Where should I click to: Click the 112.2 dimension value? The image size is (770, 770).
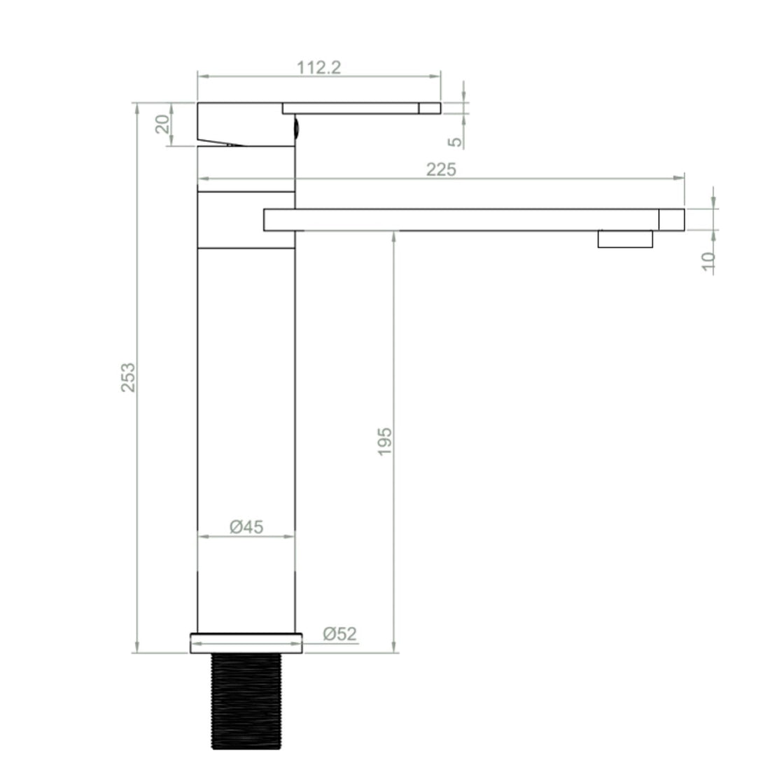point(318,67)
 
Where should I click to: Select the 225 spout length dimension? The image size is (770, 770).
point(441,169)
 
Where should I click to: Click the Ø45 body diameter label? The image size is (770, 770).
point(246,526)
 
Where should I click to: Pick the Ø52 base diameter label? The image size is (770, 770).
point(340,634)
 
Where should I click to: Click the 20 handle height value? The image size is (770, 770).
point(162,125)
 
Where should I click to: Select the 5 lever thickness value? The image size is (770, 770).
point(455,141)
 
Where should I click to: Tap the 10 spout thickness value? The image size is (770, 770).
point(708,260)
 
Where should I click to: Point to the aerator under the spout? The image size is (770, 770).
point(625,239)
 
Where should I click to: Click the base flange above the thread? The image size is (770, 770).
point(246,643)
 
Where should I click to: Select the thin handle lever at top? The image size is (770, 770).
point(361,108)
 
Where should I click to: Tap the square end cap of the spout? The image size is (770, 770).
point(671,219)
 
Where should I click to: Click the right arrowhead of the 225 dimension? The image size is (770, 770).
point(680,179)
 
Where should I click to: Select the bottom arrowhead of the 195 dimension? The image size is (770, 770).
point(395,647)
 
